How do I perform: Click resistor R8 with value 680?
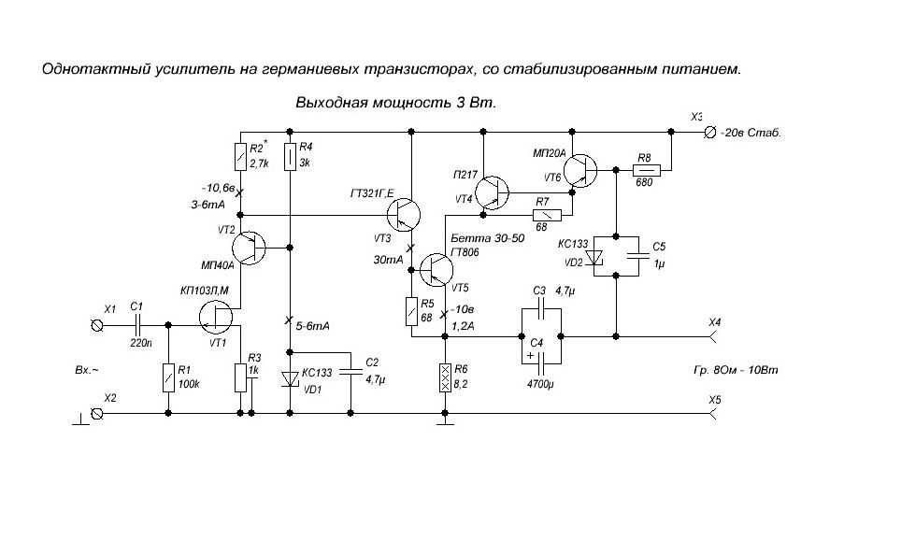(646, 170)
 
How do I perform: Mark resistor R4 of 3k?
(291, 158)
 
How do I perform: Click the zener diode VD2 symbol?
(599, 258)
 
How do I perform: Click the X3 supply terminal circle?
(709, 133)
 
